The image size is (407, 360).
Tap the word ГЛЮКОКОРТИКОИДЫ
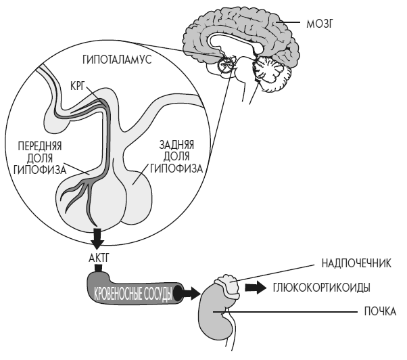pyautogui.click(x=320, y=287)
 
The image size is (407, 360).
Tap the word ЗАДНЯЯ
pyautogui.click(x=177, y=145)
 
